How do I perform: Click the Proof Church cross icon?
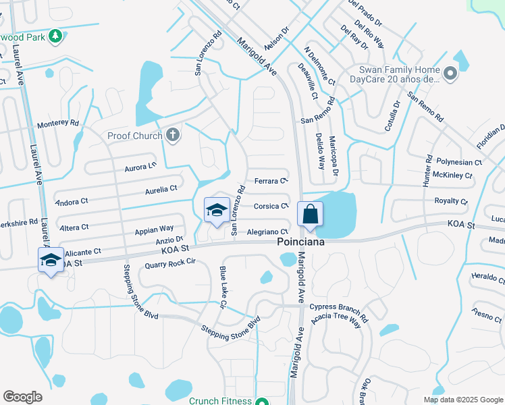tap(173, 135)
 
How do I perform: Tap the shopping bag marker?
tap(310, 214)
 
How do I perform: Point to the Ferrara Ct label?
tap(271, 181)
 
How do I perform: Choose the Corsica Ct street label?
tap(271, 206)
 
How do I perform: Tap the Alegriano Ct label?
tap(268, 232)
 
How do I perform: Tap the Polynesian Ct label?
tap(458, 163)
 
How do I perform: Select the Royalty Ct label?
tap(450, 201)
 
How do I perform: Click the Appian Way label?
tap(154, 229)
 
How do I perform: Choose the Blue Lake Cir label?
tap(221, 286)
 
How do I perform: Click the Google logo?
tap(22, 397)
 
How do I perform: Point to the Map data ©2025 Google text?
tap(462, 400)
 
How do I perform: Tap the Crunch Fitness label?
tap(219, 400)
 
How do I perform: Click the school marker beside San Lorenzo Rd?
tap(217, 210)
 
